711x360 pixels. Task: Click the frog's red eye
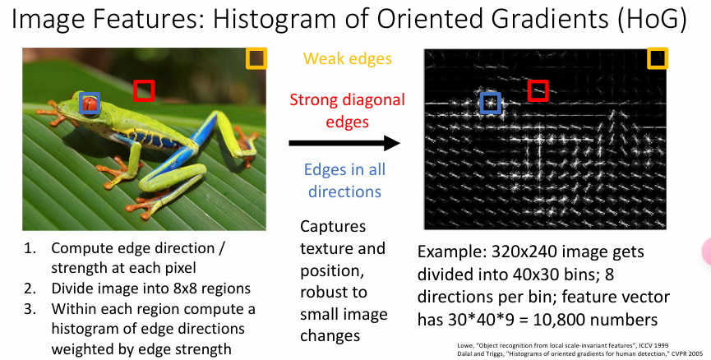coord(90,104)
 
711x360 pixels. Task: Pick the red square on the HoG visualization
coord(538,81)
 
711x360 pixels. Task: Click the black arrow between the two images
coord(344,143)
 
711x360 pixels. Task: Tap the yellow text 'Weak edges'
coord(348,59)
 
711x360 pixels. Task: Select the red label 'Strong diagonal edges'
coord(348,111)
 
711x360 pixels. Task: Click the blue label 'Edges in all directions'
coord(344,181)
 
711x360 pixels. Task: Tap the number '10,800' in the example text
coord(558,320)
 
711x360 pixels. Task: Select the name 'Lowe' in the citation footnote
coord(464,345)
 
